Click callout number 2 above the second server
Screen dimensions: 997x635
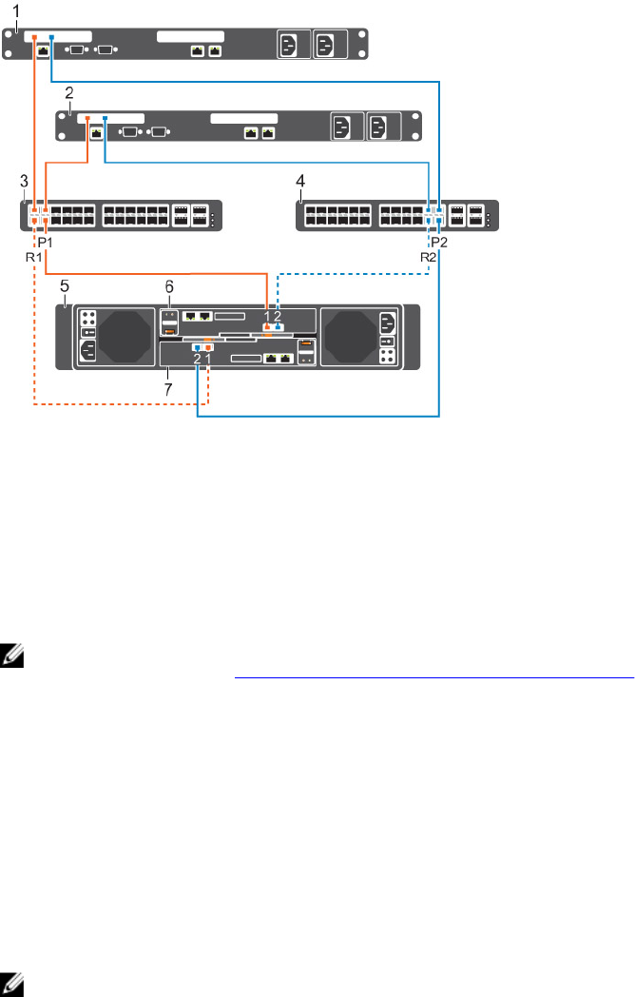[x=68, y=94]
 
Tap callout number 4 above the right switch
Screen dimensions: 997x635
[x=301, y=181]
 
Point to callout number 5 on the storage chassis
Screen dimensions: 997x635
[x=63, y=284]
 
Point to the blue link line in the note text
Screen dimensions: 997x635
[x=433, y=678]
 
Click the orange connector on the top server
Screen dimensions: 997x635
[x=35, y=38]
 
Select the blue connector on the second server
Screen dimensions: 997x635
[x=106, y=118]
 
